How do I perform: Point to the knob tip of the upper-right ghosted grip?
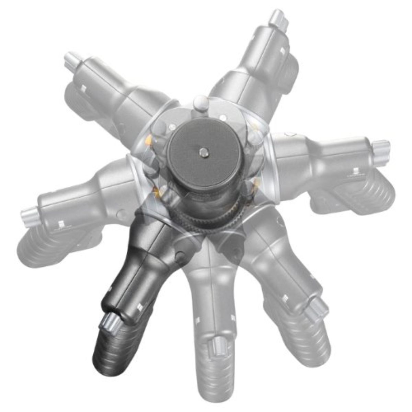277,19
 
